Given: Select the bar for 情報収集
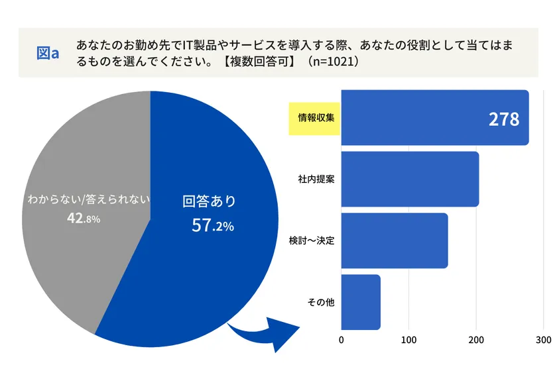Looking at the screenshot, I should click(x=424, y=118).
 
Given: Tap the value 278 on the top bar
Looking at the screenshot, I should click(x=503, y=119).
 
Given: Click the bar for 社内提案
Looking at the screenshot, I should click(x=409, y=179).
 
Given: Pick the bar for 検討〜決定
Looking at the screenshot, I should click(x=394, y=240).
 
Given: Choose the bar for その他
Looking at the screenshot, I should click(x=361, y=301).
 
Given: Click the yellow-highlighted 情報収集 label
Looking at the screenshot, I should click(x=314, y=119).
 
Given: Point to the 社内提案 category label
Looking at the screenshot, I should click(x=316, y=180).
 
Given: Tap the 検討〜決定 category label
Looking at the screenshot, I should click(x=312, y=240).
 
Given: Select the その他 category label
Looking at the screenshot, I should click(x=321, y=302).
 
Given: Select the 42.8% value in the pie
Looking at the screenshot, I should click(x=84, y=218).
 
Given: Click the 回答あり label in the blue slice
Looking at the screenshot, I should click(x=209, y=201).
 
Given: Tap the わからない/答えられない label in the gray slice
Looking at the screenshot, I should click(x=88, y=198).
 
